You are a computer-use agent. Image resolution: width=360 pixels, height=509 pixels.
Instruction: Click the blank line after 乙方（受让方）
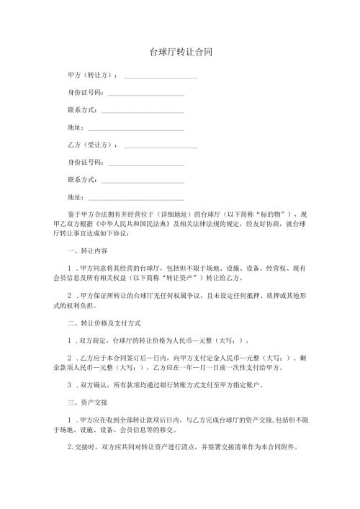point(161,146)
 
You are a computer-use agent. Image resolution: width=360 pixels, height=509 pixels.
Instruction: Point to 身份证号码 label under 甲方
point(85,93)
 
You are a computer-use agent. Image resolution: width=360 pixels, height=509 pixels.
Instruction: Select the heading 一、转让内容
point(86,251)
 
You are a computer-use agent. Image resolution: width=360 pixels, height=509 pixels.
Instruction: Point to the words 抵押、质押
point(243,295)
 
